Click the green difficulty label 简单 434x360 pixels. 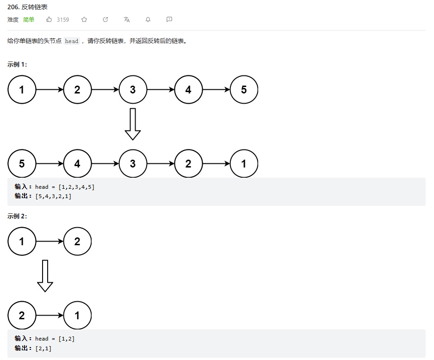pos(29,19)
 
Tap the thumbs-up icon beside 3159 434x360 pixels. pos(49,19)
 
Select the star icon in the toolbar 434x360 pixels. pos(84,19)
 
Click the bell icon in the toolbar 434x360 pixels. pos(148,19)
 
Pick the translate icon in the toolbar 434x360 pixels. pos(127,19)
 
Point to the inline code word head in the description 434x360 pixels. pos(72,41)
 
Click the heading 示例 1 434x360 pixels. pos(17,64)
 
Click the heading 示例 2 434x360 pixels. pos(17,216)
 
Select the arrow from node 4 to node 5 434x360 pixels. pos(216,90)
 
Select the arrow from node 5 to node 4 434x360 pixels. pos(50,164)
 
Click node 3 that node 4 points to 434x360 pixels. pos(133,164)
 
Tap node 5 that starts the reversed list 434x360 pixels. pos(22,164)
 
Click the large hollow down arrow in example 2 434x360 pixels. pos(45,276)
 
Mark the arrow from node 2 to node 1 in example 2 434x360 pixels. pos(50,316)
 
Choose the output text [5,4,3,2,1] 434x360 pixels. pos(53,196)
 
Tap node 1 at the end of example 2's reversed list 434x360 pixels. pos(77,316)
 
